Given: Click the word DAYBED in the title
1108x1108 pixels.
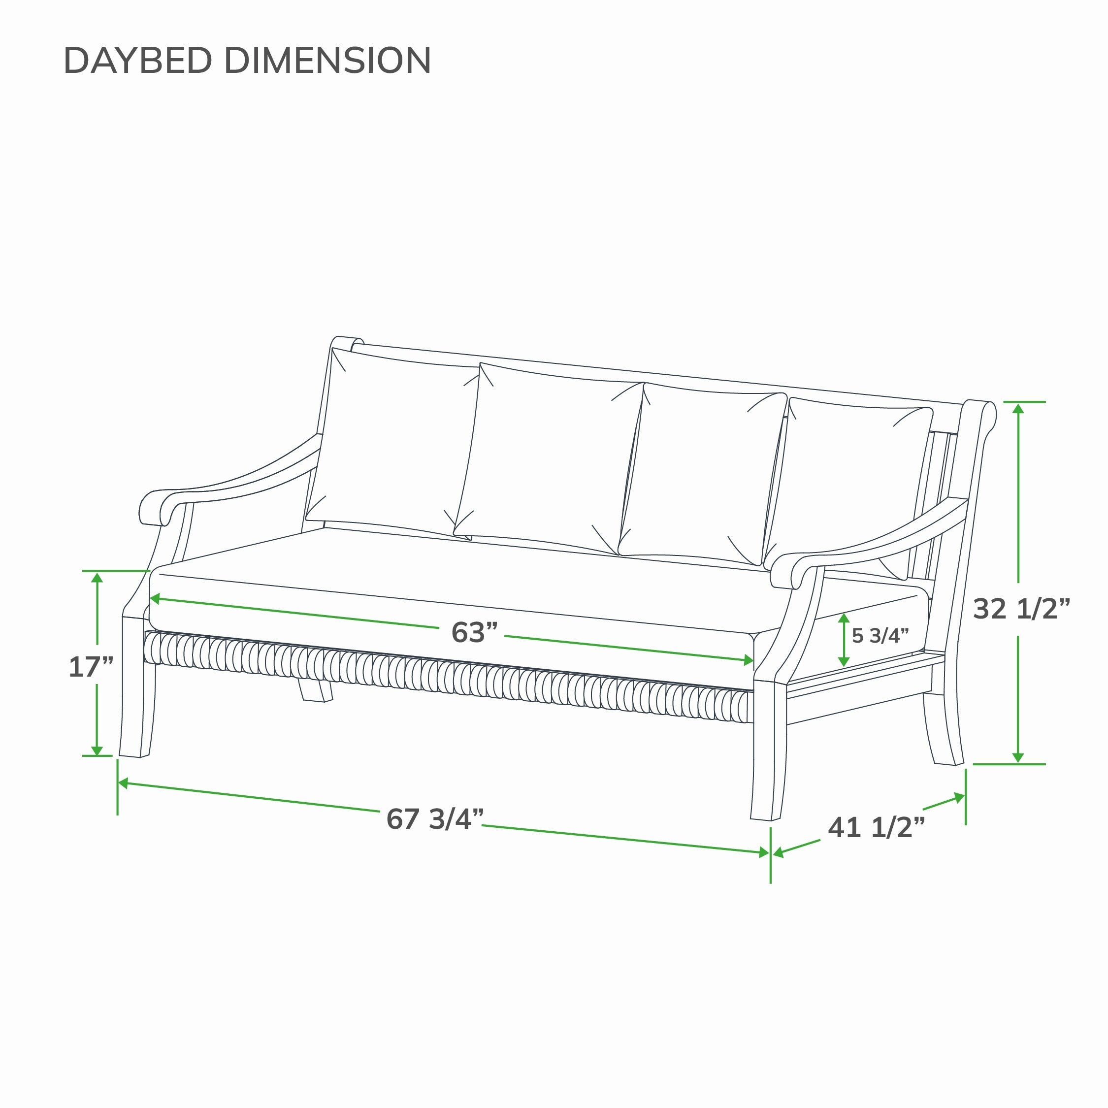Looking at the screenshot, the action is coord(138,60).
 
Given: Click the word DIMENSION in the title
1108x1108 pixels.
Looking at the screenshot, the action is coord(327,60).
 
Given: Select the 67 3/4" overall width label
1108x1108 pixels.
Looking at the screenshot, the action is coord(435,818).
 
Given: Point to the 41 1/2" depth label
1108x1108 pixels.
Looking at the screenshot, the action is coord(877,828).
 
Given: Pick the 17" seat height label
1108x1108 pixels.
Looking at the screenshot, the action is coord(91,667).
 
